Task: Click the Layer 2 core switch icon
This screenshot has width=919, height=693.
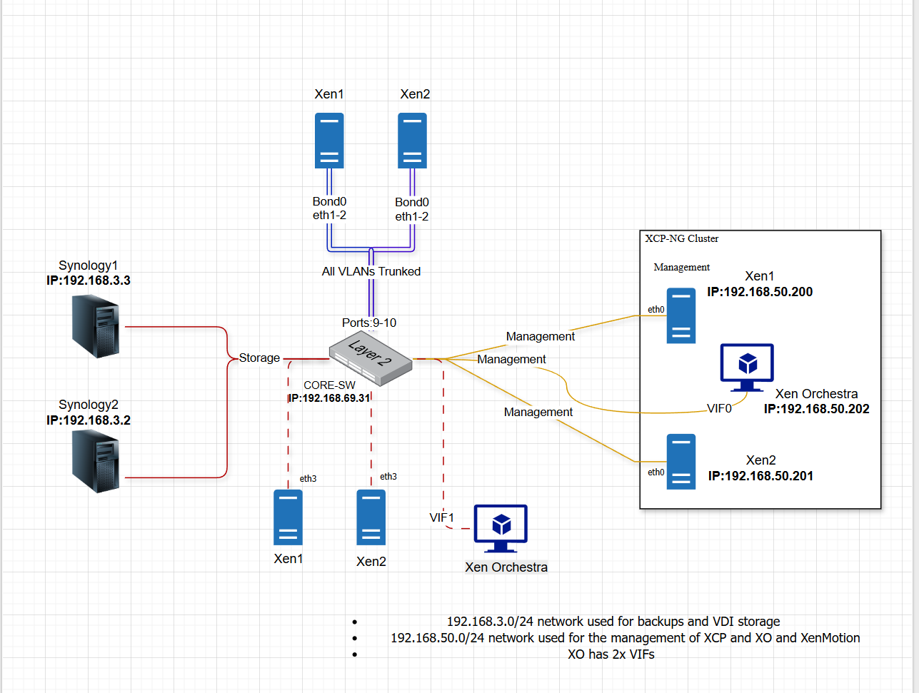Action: (x=371, y=358)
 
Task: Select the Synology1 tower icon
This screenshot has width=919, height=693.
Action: (x=96, y=326)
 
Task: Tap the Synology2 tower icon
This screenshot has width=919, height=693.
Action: (x=96, y=462)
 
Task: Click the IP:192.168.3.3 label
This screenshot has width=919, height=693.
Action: (x=89, y=280)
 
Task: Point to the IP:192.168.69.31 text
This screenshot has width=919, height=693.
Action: (x=329, y=398)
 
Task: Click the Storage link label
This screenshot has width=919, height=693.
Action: (x=259, y=358)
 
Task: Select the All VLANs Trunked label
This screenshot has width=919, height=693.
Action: (x=371, y=272)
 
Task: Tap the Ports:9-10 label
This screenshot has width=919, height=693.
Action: (x=369, y=323)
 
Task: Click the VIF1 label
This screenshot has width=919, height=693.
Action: (x=442, y=517)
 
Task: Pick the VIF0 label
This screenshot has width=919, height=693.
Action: (x=719, y=408)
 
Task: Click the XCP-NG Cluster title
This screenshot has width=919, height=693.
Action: (x=682, y=238)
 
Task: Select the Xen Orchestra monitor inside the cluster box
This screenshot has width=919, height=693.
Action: (x=747, y=368)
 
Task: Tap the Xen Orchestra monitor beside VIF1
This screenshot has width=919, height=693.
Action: (x=501, y=529)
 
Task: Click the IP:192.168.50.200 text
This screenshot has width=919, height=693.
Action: (x=760, y=292)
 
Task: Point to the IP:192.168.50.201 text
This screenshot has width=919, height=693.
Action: (x=760, y=476)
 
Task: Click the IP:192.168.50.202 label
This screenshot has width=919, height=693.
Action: (x=816, y=409)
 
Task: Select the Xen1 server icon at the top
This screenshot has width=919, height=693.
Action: (x=329, y=141)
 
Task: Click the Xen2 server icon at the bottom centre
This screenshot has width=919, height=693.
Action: (x=371, y=517)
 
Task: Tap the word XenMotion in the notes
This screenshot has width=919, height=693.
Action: (x=830, y=638)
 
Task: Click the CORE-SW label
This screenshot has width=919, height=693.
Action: (x=329, y=385)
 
